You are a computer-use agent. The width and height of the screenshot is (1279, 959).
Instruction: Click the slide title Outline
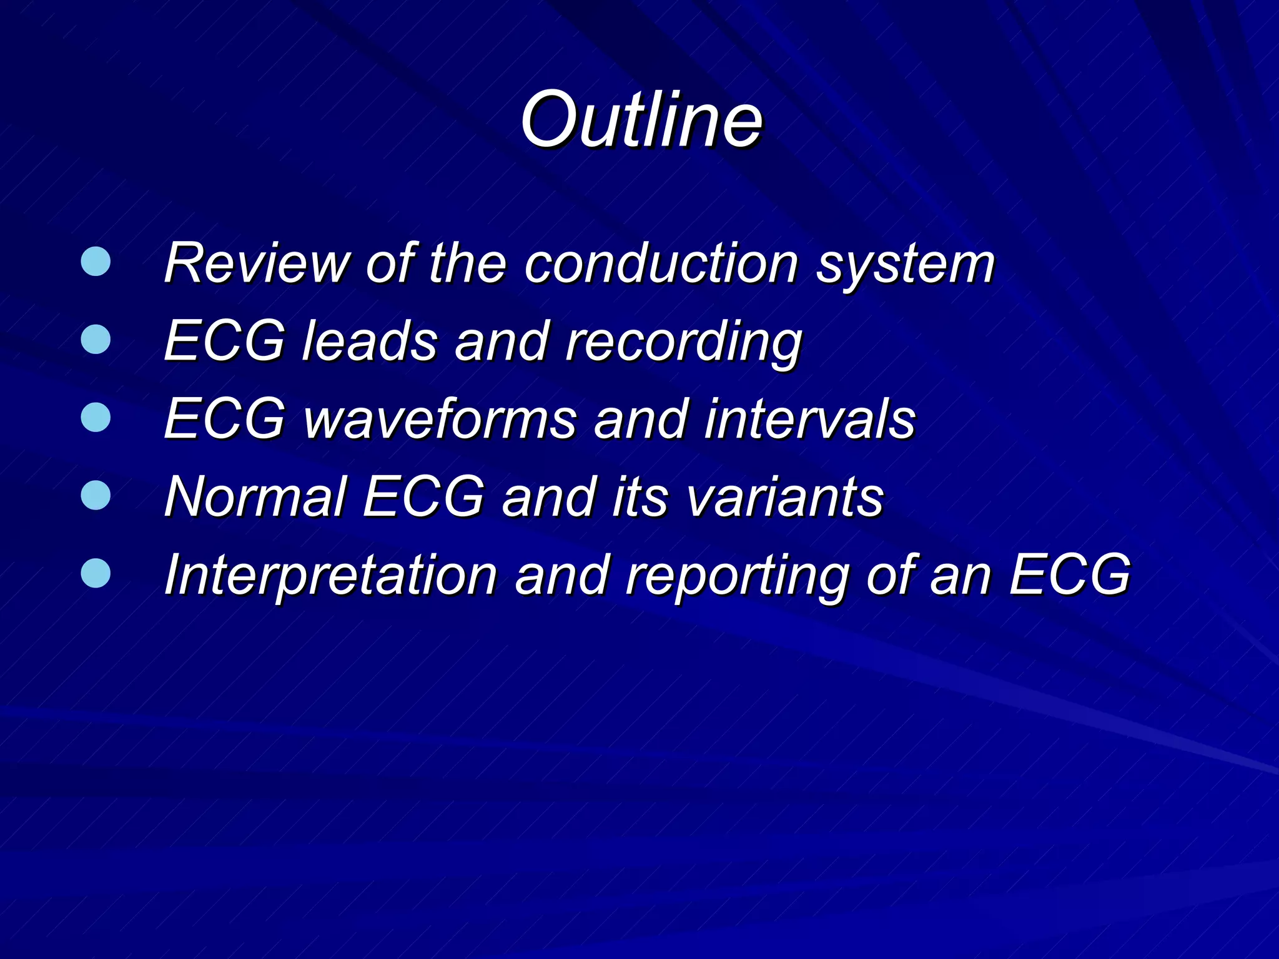point(641,120)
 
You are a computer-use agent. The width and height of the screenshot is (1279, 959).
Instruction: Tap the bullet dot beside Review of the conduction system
point(96,262)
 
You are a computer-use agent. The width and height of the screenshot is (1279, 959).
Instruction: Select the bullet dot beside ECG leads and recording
point(96,339)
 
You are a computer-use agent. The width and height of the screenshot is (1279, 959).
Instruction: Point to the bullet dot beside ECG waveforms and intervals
point(96,417)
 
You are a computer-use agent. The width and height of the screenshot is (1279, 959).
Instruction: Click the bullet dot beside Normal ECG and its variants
point(96,495)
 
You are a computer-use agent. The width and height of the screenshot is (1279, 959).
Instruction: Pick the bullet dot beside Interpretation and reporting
point(96,573)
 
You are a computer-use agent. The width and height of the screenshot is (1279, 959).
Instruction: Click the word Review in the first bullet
point(256,263)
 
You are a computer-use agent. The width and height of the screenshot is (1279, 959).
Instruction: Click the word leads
point(369,341)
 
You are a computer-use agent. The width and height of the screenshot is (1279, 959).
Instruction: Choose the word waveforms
point(440,419)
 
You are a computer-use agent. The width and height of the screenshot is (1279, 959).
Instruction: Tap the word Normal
point(255,497)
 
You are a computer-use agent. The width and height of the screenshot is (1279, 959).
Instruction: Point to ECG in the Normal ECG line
point(424,497)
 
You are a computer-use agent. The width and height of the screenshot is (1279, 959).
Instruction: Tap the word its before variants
point(639,497)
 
